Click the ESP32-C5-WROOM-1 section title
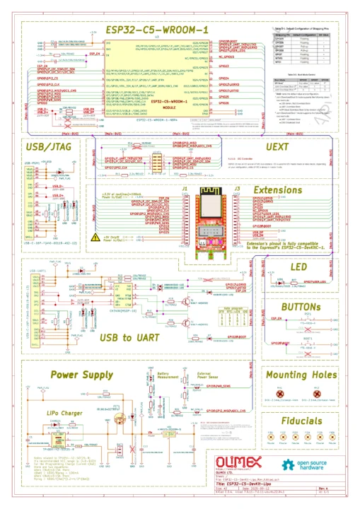pos(156,30)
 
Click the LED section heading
pos(299,267)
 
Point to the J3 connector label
pos(238,189)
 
